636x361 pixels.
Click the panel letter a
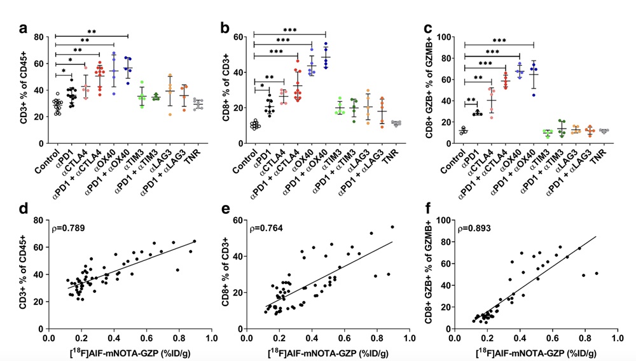tap(24, 28)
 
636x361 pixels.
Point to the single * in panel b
tap(261, 85)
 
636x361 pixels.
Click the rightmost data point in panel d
tap(195, 241)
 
